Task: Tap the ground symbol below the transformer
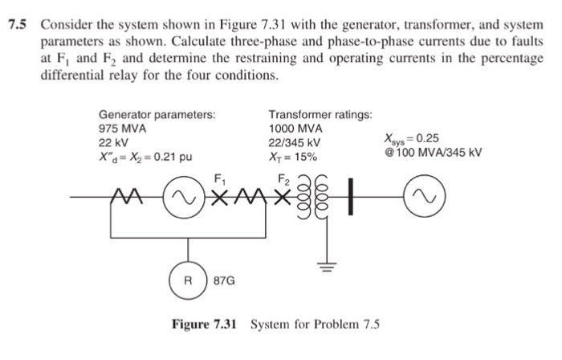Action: click(x=324, y=266)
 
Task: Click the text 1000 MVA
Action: click(x=295, y=129)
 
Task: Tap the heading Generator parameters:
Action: click(x=157, y=115)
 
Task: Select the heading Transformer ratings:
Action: click(x=320, y=115)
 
